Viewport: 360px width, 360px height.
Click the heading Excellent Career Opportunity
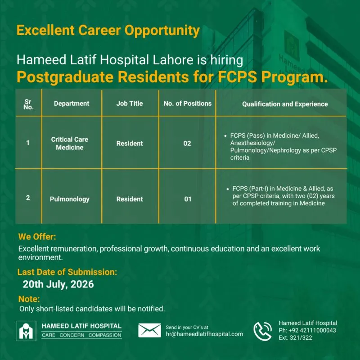tap(108, 31)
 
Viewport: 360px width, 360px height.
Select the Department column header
tap(72, 103)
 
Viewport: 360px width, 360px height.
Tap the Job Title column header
tap(130, 103)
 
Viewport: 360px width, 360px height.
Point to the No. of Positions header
tap(188, 103)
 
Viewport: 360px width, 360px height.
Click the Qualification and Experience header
tap(285, 104)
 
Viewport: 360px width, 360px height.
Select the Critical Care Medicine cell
tap(70, 143)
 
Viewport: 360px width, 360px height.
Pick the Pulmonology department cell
tap(70, 199)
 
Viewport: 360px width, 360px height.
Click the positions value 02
tap(187, 144)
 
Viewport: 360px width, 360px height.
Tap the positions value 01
tap(188, 199)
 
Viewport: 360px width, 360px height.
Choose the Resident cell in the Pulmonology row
tap(130, 199)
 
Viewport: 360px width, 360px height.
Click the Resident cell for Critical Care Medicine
tap(130, 144)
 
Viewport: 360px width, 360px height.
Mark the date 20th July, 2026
tap(58, 284)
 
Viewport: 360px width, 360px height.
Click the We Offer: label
tap(37, 237)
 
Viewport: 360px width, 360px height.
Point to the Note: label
tap(29, 299)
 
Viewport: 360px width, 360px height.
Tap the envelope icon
tap(149, 330)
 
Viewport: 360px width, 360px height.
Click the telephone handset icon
tap(262, 331)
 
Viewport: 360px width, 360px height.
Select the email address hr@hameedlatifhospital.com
tap(204, 334)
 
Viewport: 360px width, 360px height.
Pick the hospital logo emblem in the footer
tap(26, 331)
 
